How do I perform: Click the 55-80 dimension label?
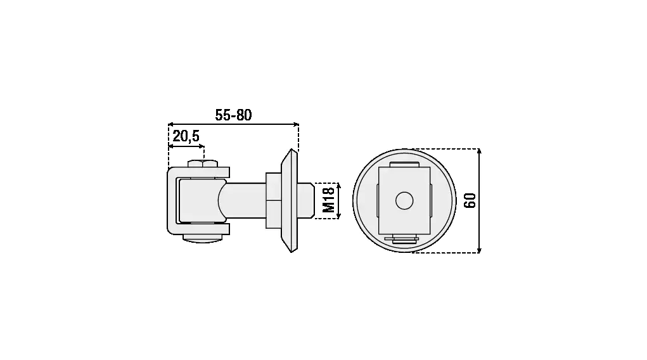tap(233, 115)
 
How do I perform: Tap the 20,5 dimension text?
tap(186, 136)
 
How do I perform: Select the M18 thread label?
tap(328, 200)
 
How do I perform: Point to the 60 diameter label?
tap(470, 201)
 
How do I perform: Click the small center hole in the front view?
tap(404, 201)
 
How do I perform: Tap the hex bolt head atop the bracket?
tap(203, 164)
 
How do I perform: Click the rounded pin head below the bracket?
tap(203, 238)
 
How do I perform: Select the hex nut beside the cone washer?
tap(273, 200)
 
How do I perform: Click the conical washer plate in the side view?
tap(289, 201)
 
